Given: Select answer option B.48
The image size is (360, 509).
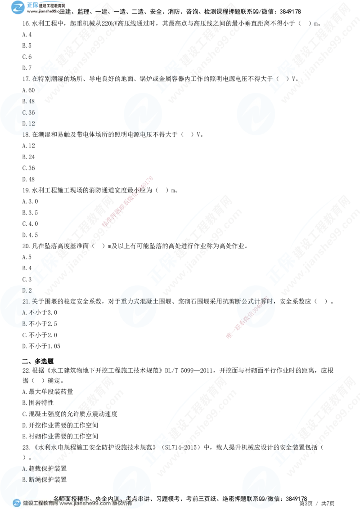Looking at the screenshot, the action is pyautogui.click(x=28, y=101).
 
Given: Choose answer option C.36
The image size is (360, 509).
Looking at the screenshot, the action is pyautogui.click(x=28, y=112).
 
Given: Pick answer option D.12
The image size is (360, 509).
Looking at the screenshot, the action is pyautogui.click(x=28, y=123).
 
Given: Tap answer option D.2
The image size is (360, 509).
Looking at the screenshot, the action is pyautogui.click(x=27, y=290).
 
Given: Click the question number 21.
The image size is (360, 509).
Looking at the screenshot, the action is pyautogui.click(x=26, y=301).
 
